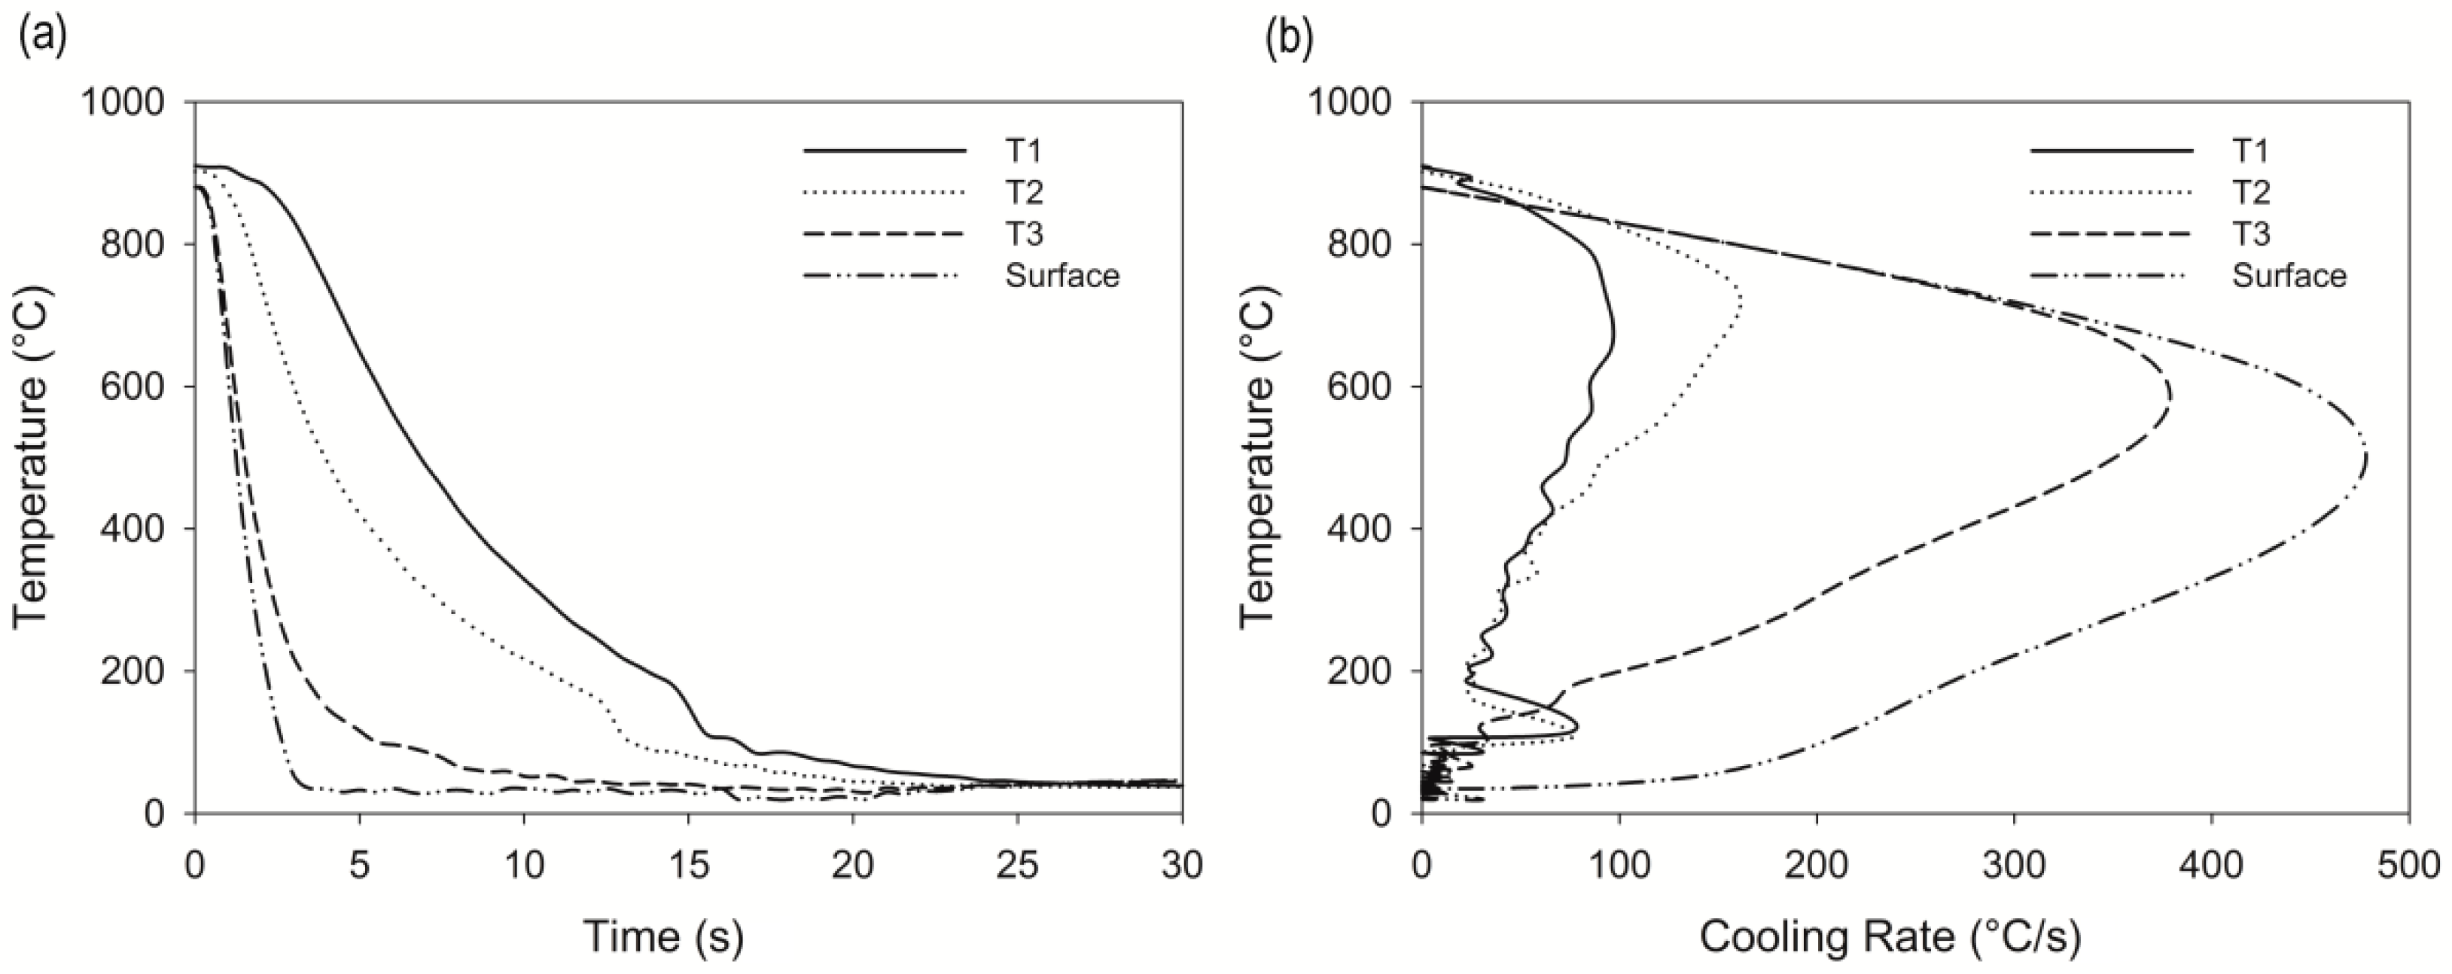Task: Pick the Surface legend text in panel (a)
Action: [1062, 276]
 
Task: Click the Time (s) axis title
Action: [662, 936]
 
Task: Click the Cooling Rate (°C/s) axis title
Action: [1890, 936]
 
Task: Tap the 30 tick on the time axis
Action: [1181, 865]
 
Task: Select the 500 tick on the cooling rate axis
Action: [2409, 865]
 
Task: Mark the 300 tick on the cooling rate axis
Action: [2014, 865]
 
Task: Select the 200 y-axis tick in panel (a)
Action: [143, 671]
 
